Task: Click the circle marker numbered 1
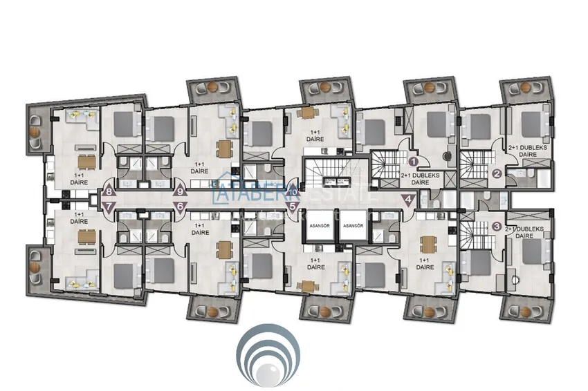413,161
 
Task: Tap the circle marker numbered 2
496,174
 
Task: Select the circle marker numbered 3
497,226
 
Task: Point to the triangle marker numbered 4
410,200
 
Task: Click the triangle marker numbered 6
181,206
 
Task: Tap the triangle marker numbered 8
109,192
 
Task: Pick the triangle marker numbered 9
181,191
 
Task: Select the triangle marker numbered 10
293,192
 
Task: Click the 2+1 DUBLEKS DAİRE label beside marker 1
421,180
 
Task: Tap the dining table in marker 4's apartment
429,244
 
